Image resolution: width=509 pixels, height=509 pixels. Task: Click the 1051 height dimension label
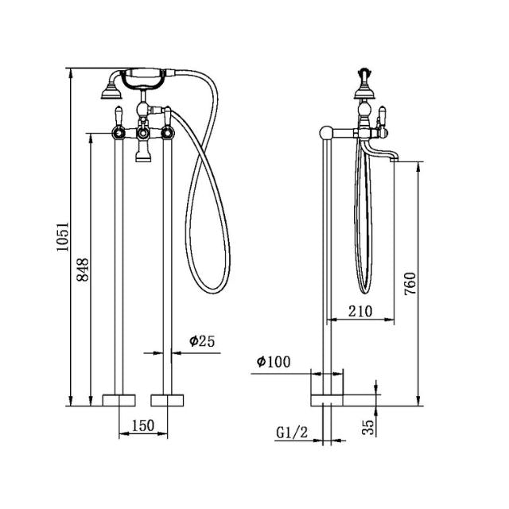pyautogui.click(x=64, y=236)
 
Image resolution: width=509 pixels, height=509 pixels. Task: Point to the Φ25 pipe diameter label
pyautogui.click(x=202, y=341)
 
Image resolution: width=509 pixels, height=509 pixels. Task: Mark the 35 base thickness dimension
pyautogui.click(x=367, y=428)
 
